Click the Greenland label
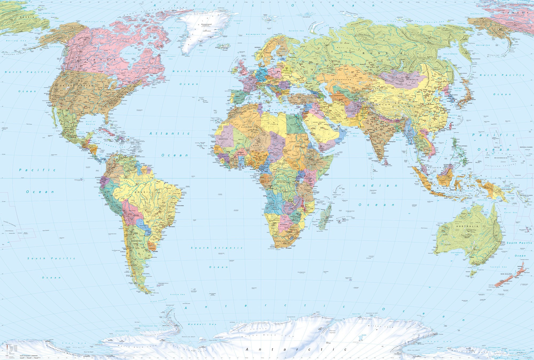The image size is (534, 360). pyautogui.click(x=206, y=24)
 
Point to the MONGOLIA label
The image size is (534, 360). pyautogui.click(x=413, y=80)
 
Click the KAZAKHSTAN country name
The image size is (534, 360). pyautogui.click(x=342, y=80)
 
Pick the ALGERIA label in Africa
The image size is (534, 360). pyautogui.click(x=246, y=127)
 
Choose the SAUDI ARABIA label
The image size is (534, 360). pyautogui.click(x=319, y=122)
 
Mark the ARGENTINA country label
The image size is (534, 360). pyautogui.click(x=136, y=241)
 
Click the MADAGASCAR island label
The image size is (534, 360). pyautogui.click(x=328, y=221)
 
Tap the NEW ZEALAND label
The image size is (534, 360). pyautogui.click(x=506, y=274)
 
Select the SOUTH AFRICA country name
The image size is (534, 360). pyautogui.click(x=282, y=241)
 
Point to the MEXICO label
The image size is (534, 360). pyautogui.click(x=69, y=128)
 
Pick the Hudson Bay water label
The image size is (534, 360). pyautogui.click(x=131, y=54)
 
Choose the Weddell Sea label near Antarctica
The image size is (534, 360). pyautogui.click(x=202, y=324)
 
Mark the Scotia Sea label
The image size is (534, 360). pyautogui.click(x=177, y=294)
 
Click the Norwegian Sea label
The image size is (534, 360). pyautogui.click(x=256, y=34)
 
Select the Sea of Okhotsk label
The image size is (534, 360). pyautogui.click(x=450, y=54)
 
